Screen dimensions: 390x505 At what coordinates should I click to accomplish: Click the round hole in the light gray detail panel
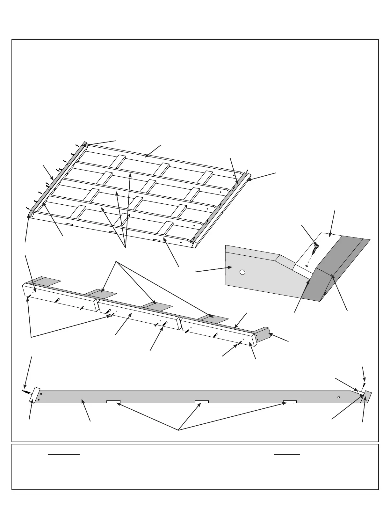point(242,272)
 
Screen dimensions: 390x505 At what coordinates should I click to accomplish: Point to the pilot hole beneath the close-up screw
point(307,265)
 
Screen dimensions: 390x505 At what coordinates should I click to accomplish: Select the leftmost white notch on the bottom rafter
point(113,402)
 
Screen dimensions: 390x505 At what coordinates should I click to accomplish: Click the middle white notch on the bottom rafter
point(202,402)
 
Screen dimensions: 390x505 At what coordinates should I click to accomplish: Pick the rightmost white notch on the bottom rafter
point(290,402)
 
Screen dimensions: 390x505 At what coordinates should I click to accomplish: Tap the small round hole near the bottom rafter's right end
point(339,397)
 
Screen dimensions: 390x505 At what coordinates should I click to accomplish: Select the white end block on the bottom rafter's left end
point(34,395)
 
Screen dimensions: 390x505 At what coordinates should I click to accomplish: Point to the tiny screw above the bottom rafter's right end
point(364,385)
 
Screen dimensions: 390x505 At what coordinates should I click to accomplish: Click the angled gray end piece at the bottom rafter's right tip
point(367,397)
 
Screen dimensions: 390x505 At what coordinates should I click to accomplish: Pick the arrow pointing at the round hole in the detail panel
point(213,270)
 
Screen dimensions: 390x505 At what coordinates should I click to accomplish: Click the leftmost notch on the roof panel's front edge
point(69,224)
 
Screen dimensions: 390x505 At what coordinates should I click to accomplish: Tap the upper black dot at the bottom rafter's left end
point(41,394)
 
